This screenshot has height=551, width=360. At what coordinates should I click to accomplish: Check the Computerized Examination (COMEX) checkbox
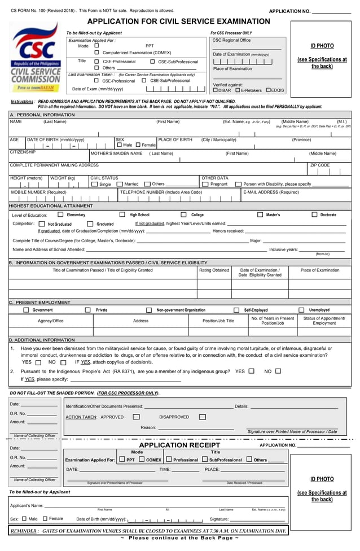click(x=96, y=53)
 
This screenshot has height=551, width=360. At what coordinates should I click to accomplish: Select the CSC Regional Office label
click(x=231, y=40)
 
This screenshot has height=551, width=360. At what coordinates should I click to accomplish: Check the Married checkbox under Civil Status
click(x=120, y=184)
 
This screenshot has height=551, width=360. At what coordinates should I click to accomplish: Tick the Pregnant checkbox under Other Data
click(x=206, y=184)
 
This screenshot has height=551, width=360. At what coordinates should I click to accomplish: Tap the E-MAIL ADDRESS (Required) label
click(x=271, y=192)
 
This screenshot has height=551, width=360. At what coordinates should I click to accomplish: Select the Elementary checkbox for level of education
click(x=60, y=215)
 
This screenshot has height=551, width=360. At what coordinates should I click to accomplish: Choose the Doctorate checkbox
click(x=314, y=215)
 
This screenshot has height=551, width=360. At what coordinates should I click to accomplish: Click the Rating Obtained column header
click(x=214, y=270)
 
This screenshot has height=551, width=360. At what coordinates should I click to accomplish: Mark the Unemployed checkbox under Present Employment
click(x=301, y=310)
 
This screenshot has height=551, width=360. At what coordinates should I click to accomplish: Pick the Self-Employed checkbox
click(x=236, y=310)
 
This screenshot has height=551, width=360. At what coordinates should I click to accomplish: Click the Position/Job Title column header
click(x=218, y=321)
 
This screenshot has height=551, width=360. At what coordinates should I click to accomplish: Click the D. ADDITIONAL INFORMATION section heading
click(x=42, y=340)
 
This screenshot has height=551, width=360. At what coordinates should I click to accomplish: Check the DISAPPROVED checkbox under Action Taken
click(x=203, y=417)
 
